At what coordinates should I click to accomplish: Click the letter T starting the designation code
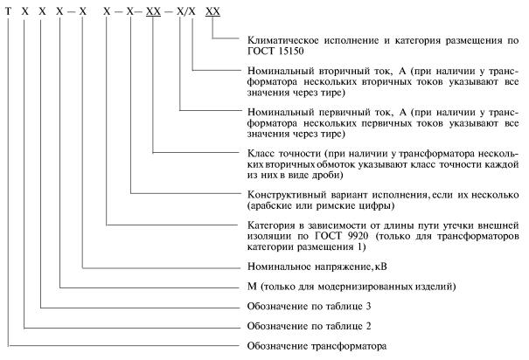pos(8,12)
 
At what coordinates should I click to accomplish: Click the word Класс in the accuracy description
pos(260,154)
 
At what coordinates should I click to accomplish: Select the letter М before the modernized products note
pos(252,287)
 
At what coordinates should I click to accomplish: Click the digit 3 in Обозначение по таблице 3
pos(368,307)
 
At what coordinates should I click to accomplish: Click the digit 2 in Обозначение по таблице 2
pos(368,326)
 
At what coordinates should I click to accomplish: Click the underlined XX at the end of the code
pos(212,12)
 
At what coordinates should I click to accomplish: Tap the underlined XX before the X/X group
pos(153,12)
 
